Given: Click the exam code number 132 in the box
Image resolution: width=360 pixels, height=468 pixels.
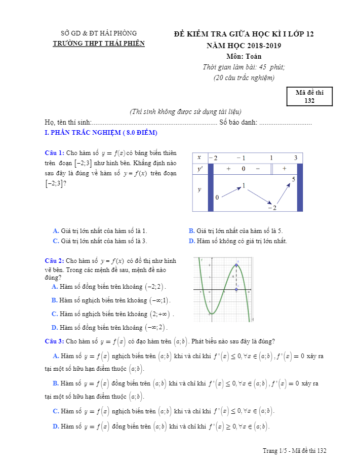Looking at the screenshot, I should click(x=309, y=101).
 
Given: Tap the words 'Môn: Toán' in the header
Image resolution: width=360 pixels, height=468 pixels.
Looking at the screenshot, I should click(x=244, y=56).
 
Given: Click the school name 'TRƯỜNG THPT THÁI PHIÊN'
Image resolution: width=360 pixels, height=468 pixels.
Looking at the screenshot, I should click(x=99, y=44).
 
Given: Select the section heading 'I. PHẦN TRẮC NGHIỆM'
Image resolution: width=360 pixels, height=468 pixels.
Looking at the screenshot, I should click(x=101, y=133).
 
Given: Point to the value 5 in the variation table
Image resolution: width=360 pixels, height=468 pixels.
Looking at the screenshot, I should click(x=294, y=179).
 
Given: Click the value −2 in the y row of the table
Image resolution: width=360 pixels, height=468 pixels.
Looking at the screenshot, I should click(x=272, y=208).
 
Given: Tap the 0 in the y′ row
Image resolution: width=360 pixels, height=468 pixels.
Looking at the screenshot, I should click(x=243, y=169).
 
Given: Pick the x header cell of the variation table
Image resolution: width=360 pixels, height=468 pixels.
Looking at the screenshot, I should click(x=199, y=158).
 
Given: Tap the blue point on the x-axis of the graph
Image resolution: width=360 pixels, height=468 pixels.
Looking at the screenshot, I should click(x=236, y=290).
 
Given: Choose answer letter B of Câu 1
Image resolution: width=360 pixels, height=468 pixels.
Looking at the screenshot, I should click(x=191, y=231).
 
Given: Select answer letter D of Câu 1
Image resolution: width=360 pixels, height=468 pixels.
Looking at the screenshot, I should click(x=191, y=241).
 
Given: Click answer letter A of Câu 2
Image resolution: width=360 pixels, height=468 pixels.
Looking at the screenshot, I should click(x=55, y=287).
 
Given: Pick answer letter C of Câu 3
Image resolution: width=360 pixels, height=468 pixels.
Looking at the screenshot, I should click(x=56, y=411).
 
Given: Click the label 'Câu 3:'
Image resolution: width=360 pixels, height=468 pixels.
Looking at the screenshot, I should click(x=54, y=341).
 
